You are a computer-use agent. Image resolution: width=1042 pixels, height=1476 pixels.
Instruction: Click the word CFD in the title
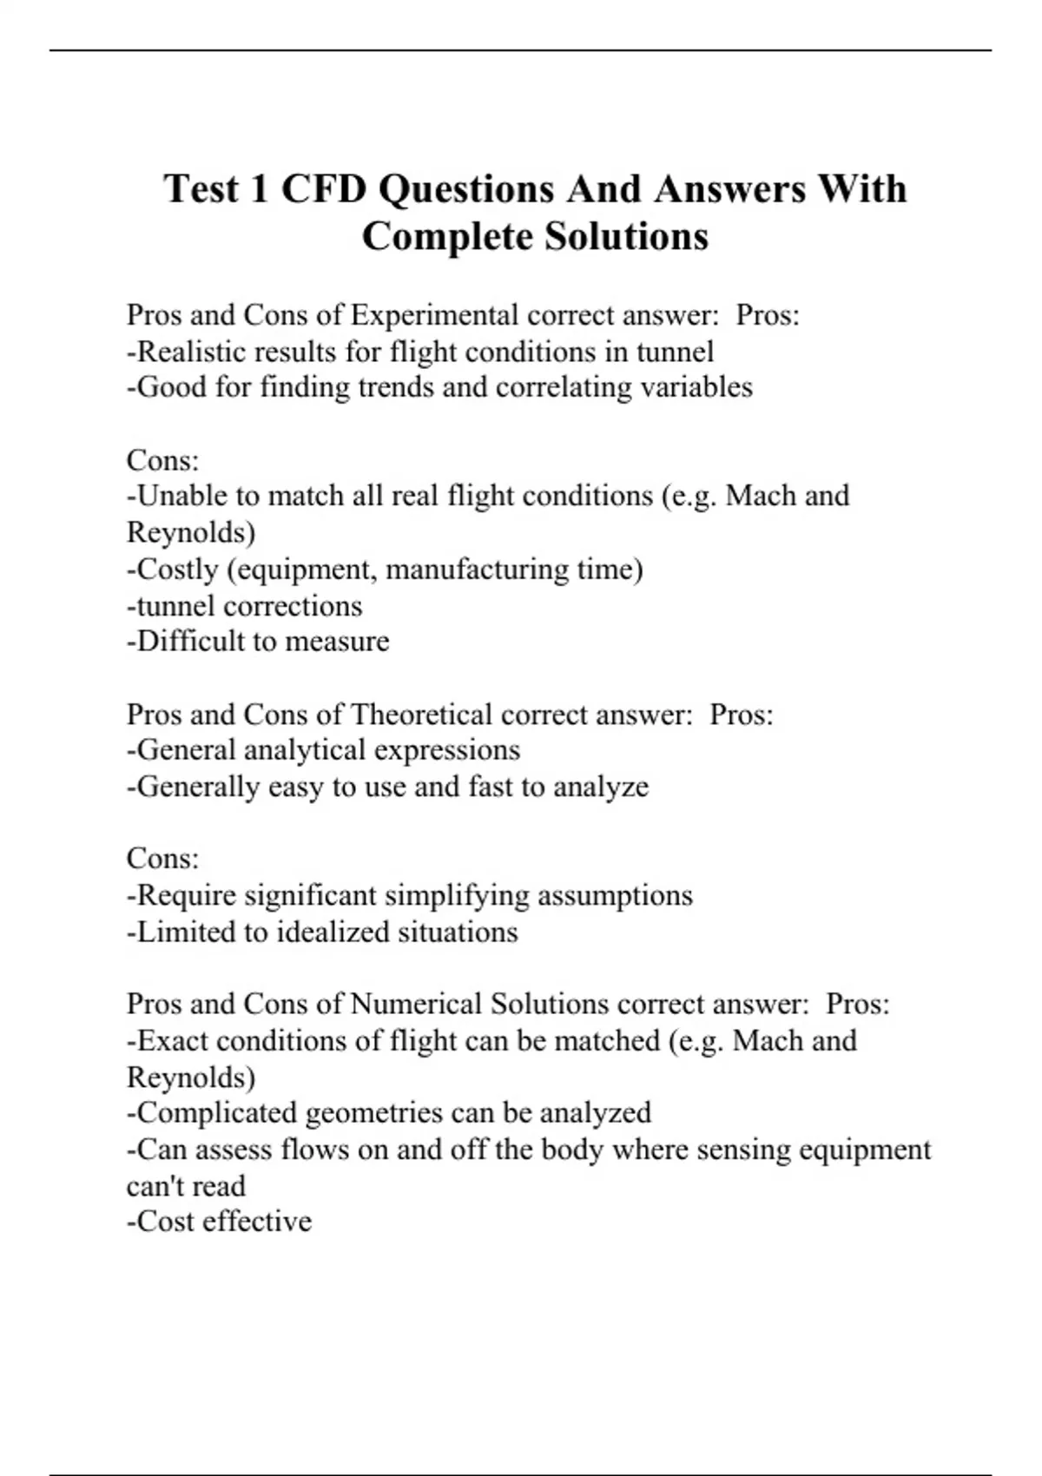324,188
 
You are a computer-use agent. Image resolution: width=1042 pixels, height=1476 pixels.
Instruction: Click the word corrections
293,605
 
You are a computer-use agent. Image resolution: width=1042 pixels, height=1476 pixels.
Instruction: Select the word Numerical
416,1004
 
